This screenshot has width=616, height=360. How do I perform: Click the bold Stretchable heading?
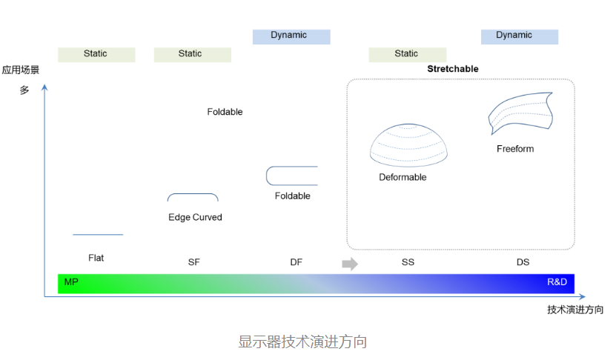coord(453,69)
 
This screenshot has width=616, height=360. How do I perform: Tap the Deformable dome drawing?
coord(408,145)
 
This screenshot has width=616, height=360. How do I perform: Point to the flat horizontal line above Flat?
coord(98,234)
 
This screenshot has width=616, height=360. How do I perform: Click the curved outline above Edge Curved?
coord(193,194)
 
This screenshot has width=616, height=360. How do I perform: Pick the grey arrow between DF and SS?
coord(350,264)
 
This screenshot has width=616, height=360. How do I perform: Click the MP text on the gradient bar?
coord(71,282)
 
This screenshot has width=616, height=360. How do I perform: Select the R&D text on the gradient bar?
coord(557,282)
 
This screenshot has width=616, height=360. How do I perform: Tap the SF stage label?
coord(194,262)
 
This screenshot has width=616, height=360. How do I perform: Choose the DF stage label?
coord(297,262)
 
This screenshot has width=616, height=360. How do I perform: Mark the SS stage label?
coord(408,262)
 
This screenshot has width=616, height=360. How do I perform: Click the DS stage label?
coord(523,262)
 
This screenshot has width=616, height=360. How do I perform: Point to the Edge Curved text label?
coord(195,217)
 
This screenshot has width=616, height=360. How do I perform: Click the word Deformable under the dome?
coord(403,177)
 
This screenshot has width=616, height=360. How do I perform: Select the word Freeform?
coord(515,149)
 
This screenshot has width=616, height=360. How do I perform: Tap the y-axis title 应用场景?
coord(21,70)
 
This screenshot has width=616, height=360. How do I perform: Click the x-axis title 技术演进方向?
coord(575,310)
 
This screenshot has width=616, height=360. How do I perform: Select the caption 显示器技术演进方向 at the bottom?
coord(302,342)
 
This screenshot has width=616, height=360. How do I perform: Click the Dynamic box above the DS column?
coord(520,36)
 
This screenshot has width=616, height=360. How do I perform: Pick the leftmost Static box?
coord(96,55)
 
